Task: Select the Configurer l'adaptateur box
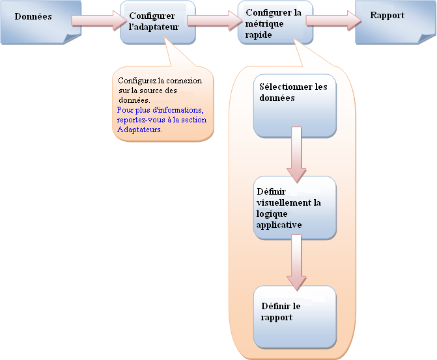click(x=157, y=22)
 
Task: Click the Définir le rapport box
click(x=294, y=316)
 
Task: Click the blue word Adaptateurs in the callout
click(x=139, y=130)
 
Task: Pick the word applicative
click(x=279, y=224)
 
